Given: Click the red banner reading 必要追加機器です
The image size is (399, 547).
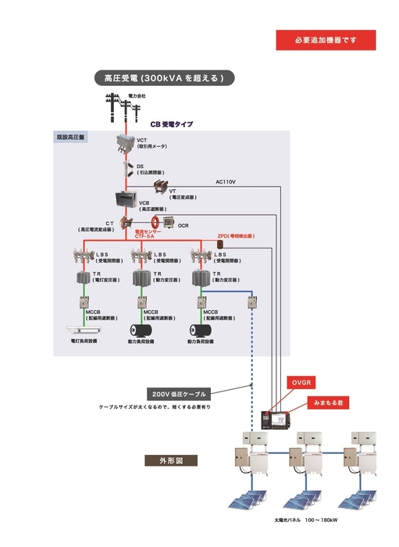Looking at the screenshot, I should tap(326, 40).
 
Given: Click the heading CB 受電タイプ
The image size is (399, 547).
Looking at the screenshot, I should tap(171, 123).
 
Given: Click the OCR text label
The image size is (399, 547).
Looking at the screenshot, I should tap(183, 226).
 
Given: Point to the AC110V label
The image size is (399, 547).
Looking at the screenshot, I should tap(226, 182).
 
